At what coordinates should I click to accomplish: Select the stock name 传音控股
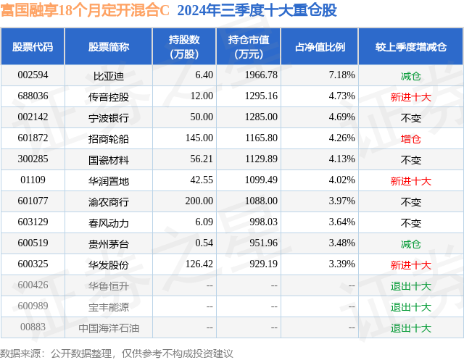pos(109,96)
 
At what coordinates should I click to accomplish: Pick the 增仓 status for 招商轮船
pos(410,138)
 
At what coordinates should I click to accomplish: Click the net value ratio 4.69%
pos(341,117)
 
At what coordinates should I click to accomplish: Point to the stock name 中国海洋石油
pos(109,327)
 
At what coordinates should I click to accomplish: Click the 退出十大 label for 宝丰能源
pos(410,306)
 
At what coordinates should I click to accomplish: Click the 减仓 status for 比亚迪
pos(410,75)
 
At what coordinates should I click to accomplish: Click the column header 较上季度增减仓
pos(410,47)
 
